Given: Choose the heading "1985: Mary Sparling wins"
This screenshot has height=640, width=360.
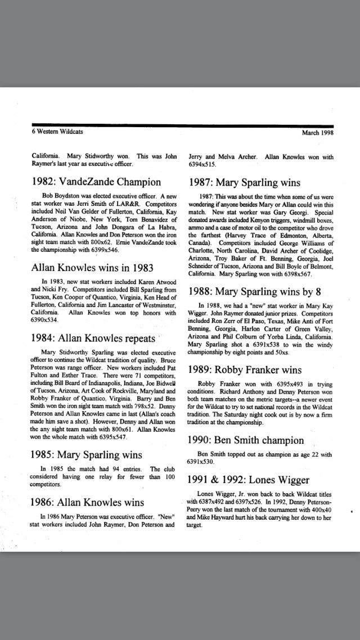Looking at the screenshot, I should [86, 455].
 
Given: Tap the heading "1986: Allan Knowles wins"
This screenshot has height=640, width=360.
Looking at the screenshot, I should [87, 502].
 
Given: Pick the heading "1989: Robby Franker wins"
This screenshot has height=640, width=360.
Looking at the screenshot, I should [245, 370].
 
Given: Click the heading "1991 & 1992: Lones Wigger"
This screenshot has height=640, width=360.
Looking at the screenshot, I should [248, 480].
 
